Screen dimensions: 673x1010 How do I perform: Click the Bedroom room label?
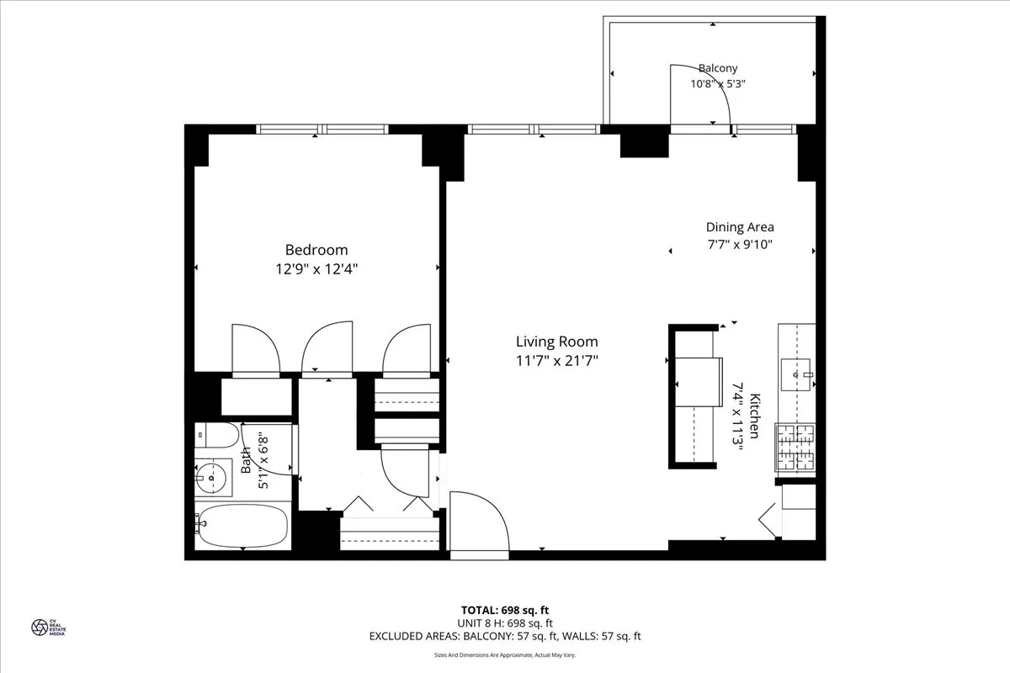pyautogui.click(x=316, y=250)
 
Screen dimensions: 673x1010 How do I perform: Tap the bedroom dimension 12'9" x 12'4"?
pyautogui.click(x=316, y=269)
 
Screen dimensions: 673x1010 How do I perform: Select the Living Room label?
pyautogui.click(x=556, y=342)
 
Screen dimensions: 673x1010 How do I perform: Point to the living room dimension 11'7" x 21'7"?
pyautogui.click(x=556, y=361)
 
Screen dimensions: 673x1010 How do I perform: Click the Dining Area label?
pyautogui.click(x=739, y=226)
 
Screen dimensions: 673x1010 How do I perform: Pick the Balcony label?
pyautogui.click(x=717, y=68)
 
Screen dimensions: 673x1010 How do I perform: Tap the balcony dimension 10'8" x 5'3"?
pyautogui.click(x=718, y=83)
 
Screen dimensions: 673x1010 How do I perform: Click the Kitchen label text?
pyautogui.click(x=755, y=416)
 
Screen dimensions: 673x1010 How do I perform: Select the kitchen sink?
pyautogui.click(x=795, y=372)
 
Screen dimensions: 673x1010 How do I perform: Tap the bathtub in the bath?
pyautogui.click(x=242, y=526)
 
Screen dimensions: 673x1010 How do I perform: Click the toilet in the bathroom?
pyautogui.click(x=215, y=435)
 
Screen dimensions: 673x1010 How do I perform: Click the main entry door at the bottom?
pyautogui.click(x=480, y=526)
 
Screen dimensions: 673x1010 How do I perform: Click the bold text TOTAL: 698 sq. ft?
pyautogui.click(x=505, y=610)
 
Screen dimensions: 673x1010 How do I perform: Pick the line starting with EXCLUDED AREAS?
pyautogui.click(x=505, y=637)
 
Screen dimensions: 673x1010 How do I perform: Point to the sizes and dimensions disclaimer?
pyautogui.click(x=505, y=654)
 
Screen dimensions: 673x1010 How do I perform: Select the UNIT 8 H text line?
pyautogui.click(x=505, y=623)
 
